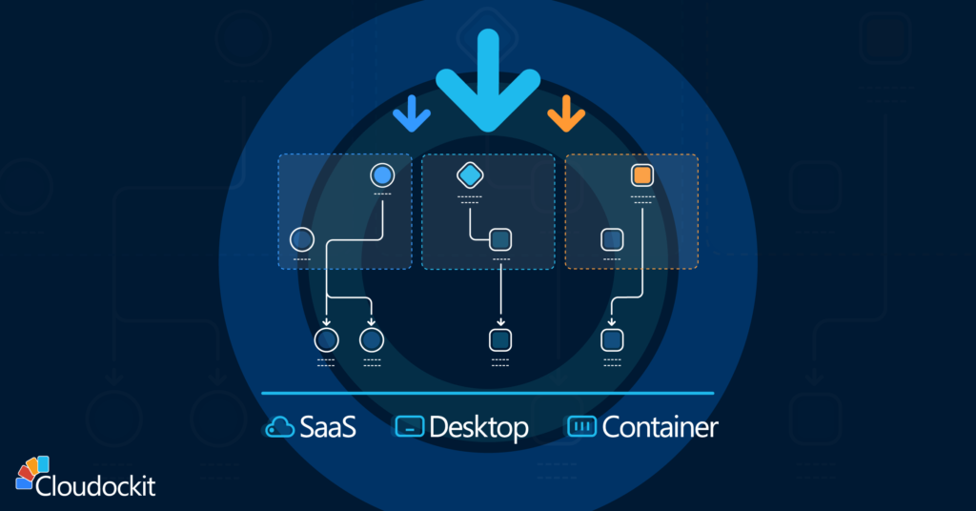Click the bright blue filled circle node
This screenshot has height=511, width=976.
coord(381,175)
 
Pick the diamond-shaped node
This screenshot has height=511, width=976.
coord(471,175)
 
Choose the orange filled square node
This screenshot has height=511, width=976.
coord(641,175)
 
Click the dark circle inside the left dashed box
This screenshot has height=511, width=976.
coord(301,238)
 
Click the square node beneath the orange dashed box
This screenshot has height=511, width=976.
coord(612,339)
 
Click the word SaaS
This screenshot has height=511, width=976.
coord(328,427)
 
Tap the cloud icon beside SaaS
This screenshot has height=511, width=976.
coord(279,428)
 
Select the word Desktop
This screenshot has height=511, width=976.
coord(478,427)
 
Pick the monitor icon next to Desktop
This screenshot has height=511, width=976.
coord(409,427)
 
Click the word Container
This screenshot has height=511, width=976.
coord(660,427)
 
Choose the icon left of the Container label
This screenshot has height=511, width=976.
coord(580,427)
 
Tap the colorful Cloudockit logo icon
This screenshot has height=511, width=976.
coord(32,473)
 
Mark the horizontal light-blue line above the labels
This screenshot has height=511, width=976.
coord(488,393)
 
